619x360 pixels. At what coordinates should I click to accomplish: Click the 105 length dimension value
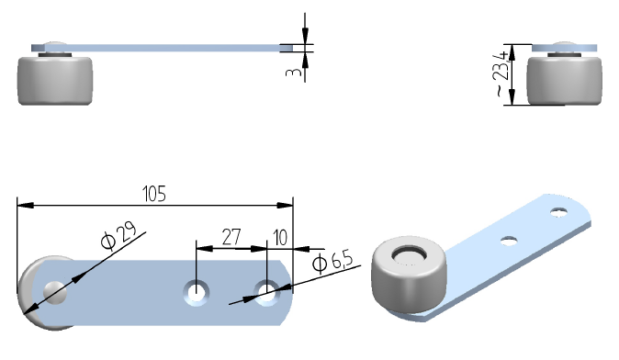point(154,194)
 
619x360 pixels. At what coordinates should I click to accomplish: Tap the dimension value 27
point(231,237)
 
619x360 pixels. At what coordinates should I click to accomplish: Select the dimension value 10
point(280,238)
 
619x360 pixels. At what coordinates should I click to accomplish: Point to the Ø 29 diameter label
point(118,236)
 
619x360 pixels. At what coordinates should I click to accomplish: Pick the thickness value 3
point(293,73)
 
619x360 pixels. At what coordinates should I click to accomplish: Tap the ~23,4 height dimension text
point(501,73)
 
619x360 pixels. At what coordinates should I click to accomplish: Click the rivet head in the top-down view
point(55,292)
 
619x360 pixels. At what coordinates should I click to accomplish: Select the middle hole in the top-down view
point(197,293)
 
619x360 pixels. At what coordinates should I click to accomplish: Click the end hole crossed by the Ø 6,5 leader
point(267,293)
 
